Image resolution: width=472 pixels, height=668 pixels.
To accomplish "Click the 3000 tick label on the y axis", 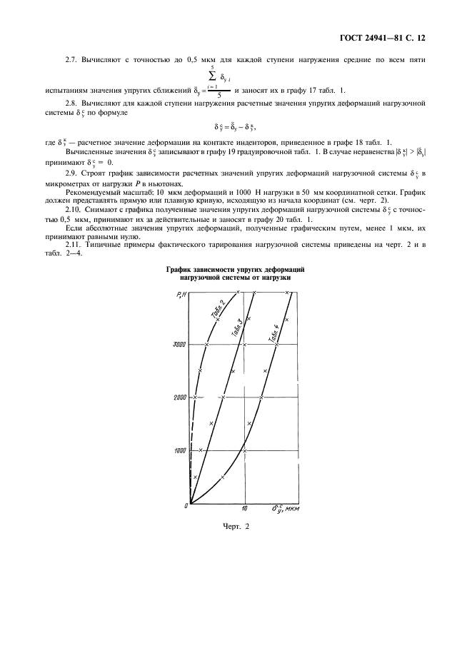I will (179, 345).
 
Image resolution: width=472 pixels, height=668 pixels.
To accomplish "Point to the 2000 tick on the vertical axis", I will (179, 398).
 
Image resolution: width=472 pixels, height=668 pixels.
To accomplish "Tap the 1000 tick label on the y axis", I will (179, 450).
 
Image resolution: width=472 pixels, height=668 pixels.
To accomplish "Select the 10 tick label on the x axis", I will (244, 510).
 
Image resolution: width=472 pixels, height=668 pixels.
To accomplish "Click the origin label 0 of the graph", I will (186, 506).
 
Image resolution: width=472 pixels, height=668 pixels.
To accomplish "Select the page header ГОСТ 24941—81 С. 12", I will (388, 36).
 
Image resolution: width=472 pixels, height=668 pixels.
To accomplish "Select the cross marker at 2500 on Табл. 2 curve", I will (201, 370).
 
